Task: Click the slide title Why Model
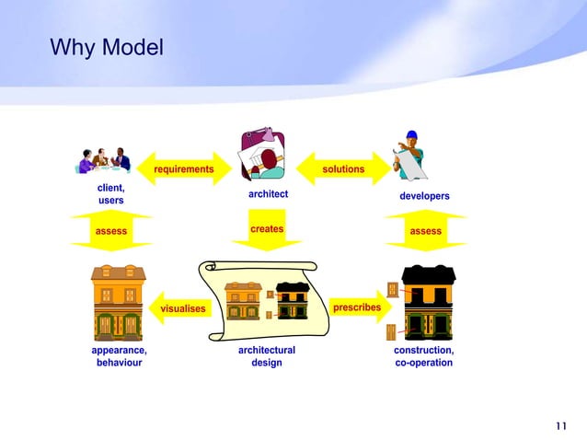(x=106, y=46)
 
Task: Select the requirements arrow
(x=184, y=169)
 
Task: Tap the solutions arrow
(x=343, y=169)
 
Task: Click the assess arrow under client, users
(x=111, y=231)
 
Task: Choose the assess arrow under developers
(x=425, y=231)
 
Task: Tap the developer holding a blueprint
(x=409, y=155)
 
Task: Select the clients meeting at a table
(x=105, y=159)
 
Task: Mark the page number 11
(x=562, y=424)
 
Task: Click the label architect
(x=268, y=194)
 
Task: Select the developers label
(x=424, y=196)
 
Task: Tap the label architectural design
(x=267, y=356)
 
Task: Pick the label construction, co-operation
(x=423, y=356)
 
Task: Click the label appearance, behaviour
(x=119, y=356)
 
